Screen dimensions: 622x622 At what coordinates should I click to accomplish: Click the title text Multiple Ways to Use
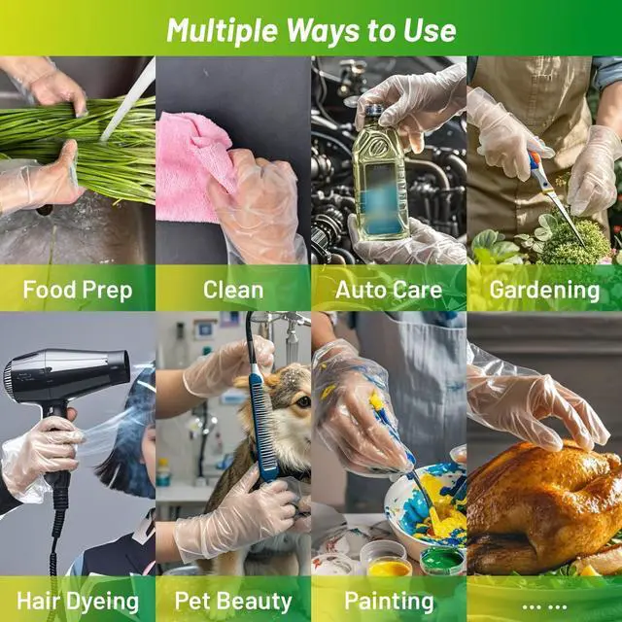311,30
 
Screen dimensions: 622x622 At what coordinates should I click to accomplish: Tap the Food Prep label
78,290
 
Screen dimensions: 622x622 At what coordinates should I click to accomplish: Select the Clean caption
233,290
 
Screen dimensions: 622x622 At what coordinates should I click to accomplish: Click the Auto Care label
389,290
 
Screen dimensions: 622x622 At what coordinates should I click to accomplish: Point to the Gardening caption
544,291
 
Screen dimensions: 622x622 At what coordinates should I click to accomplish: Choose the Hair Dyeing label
78,602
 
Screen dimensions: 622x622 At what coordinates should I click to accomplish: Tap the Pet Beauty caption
233,602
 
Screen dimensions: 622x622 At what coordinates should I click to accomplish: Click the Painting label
389,602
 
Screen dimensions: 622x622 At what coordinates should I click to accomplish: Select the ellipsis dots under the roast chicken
544,606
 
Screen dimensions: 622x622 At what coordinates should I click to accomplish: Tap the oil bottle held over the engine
380,175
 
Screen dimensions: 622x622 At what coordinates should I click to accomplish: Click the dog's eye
303,401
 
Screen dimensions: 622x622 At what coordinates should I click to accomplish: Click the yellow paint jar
390,568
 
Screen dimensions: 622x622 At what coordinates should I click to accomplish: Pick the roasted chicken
545,507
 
